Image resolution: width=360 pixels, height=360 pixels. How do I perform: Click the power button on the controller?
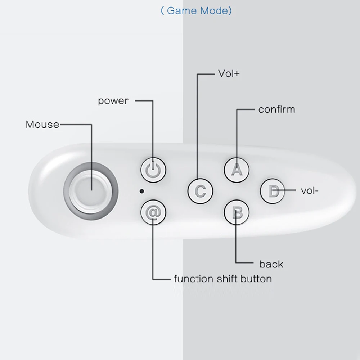pyautogui.click(x=153, y=170)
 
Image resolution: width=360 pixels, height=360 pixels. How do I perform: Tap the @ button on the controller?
pyautogui.click(x=153, y=212)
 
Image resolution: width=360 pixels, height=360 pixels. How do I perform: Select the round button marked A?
pyautogui.click(x=237, y=169)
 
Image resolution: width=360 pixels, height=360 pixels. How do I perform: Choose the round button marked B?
pyautogui.click(x=237, y=212)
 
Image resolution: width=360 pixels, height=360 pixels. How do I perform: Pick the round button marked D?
pyautogui.click(x=273, y=191)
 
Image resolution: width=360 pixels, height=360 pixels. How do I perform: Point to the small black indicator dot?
pyautogui.click(x=142, y=191)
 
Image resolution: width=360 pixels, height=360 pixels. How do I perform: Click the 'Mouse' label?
pyautogui.click(x=42, y=125)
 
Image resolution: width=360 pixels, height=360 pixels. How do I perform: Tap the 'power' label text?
pyautogui.click(x=113, y=101)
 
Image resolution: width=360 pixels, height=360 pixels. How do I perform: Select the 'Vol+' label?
pyautogui.click(x=229, y=73)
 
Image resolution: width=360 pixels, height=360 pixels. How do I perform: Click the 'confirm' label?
pyautogui.click(x=276, y=109)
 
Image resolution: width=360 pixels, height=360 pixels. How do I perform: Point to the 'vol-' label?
pyautogui.click(x=310, y=190)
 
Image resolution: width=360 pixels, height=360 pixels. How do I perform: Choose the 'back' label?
pyautogui.click(x=271, y=264)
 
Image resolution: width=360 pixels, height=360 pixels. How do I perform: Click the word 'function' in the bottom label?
pyautogui.click(x=193, y=279)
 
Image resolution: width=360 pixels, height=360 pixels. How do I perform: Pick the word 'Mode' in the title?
pyautogui.click(x=213, y=11)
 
